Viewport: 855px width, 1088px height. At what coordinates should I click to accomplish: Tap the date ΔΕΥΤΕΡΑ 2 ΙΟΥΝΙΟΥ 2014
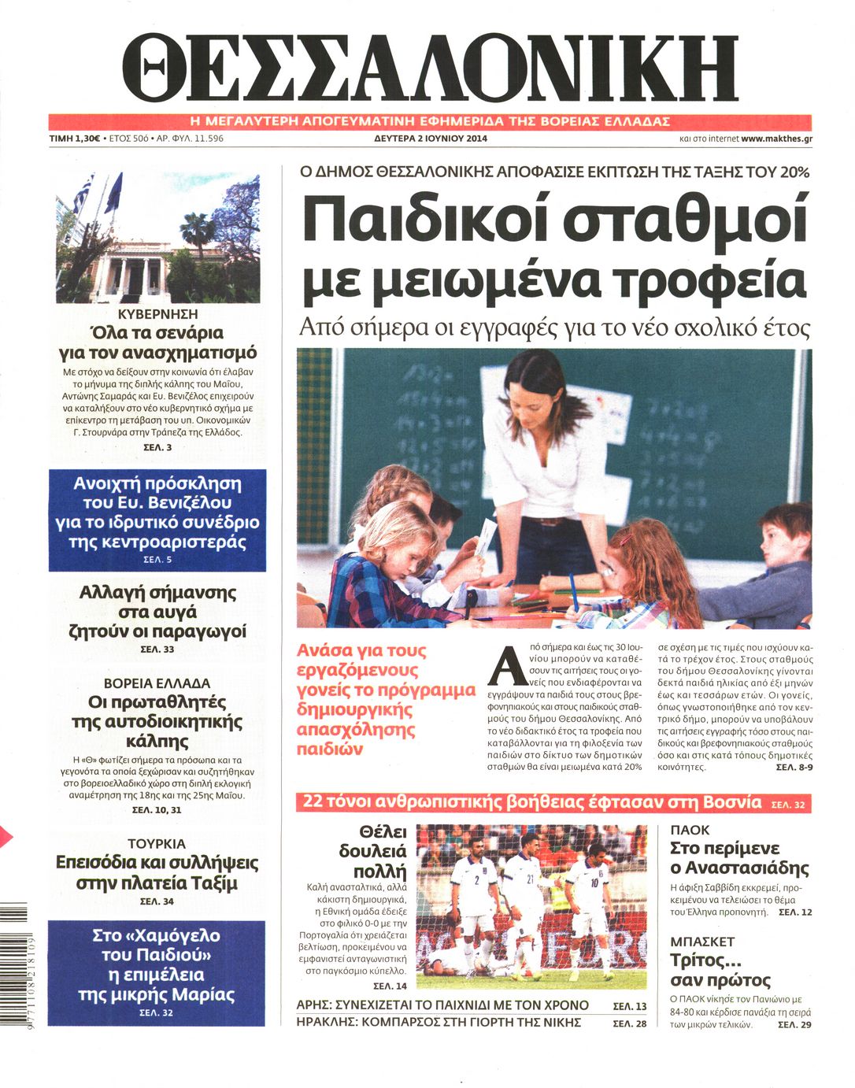pos(430,139)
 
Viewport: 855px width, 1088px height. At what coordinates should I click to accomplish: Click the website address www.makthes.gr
pos(776,139)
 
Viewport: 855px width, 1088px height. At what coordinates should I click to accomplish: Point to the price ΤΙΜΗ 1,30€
pos(74,139)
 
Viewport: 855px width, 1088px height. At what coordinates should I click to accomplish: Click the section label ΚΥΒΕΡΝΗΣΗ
pos(157,314)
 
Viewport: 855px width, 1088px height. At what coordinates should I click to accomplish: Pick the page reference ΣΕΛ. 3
pos(157,447)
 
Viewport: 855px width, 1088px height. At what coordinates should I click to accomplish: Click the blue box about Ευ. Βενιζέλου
pos(157,520)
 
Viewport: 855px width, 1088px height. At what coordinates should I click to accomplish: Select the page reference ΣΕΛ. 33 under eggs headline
pos(157,649)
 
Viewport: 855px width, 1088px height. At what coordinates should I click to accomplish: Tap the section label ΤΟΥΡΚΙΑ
pos(157,843)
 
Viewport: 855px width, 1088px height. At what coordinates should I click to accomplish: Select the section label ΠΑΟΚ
pos(690,830)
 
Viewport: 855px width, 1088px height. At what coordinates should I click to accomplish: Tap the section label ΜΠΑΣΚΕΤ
pos(702,942)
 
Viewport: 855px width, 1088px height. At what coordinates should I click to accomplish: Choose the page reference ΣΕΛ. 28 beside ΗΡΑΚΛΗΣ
pos(629,1023)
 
